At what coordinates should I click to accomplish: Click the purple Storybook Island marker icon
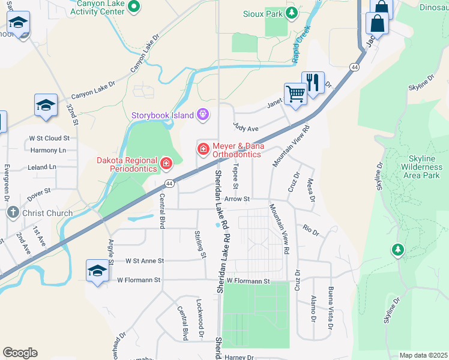tap(203, 115)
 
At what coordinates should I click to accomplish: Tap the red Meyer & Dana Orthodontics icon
tap(203, 148)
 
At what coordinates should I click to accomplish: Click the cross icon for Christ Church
tap(13, 212)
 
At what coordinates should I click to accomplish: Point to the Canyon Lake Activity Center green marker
tap(134, 7)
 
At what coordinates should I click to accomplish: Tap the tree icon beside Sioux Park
tap(292, 13)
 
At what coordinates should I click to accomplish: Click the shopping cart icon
tap(295, 94)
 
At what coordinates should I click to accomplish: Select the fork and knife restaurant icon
tap(313, 83)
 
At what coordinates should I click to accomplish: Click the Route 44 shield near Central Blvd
tap(170, 184)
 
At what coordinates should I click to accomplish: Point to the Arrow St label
tap(237, 199)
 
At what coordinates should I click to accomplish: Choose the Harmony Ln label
tap(47, 150)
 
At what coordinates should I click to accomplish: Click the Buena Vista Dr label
tap(330, 308)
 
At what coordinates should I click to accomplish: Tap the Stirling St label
tap(201, 244)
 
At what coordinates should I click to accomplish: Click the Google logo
tap(20, 353)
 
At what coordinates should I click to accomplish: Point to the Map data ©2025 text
tap(423, 355)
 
